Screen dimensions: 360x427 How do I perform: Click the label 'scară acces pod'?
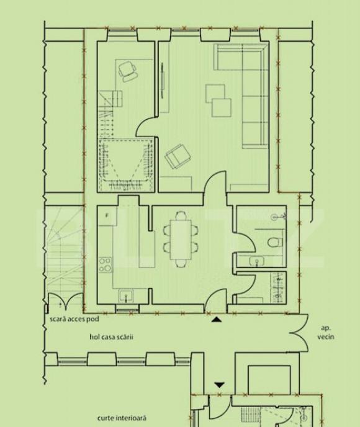point(74,319)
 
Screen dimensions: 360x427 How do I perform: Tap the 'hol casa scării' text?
point(111,337)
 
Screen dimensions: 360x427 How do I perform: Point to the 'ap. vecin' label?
point(326,333)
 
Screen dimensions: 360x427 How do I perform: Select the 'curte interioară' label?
point(122,418)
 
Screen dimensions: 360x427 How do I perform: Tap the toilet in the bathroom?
point(276,242)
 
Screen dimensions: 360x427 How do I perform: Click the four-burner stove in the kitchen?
point(105,264)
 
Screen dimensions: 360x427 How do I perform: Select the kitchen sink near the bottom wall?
point(126,296)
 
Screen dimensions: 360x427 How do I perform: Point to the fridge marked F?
point(107,215)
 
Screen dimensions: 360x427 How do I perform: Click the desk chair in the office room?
point(128,71)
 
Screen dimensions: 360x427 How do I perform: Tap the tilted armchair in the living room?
point(178,156)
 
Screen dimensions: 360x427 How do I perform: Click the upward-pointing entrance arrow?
point(217,320)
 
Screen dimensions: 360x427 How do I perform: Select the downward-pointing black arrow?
point(219,385)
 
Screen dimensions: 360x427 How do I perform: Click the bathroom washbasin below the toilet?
point(256,262)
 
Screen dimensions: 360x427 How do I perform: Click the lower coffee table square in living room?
point(222,108)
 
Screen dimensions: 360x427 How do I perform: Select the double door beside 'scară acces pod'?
point(66,302)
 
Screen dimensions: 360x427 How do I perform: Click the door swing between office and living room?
point(146,127)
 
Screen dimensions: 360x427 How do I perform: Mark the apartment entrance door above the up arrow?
point(215,301)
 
